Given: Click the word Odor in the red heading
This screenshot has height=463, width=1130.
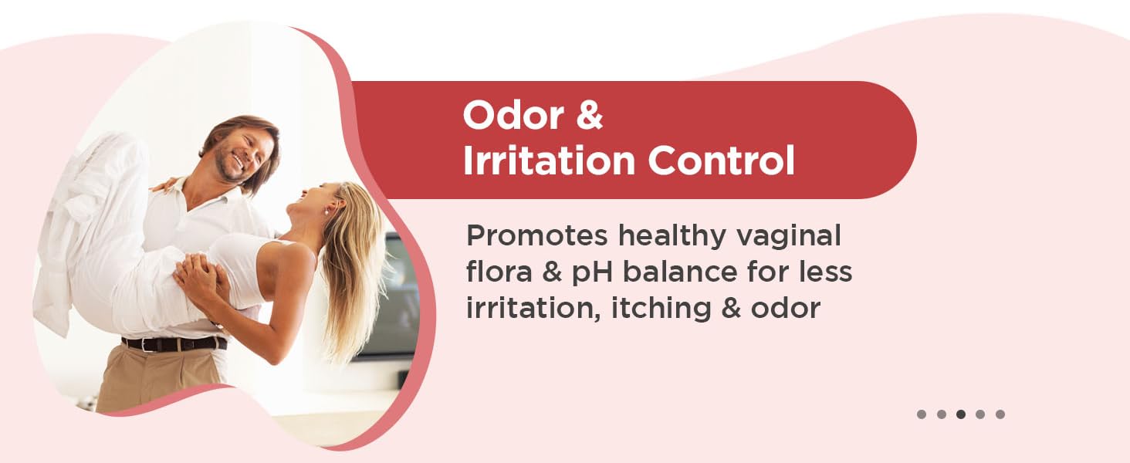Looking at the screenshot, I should click(505, 116).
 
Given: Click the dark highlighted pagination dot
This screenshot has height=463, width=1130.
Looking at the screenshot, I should click(961, 414).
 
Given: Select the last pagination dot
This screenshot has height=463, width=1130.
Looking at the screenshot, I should click(1000, 414).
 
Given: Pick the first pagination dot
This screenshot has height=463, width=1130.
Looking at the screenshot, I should click(922, 414).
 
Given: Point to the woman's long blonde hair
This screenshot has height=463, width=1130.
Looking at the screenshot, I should click(357, 262).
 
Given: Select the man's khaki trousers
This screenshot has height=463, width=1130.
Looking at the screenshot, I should click(154, 382).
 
